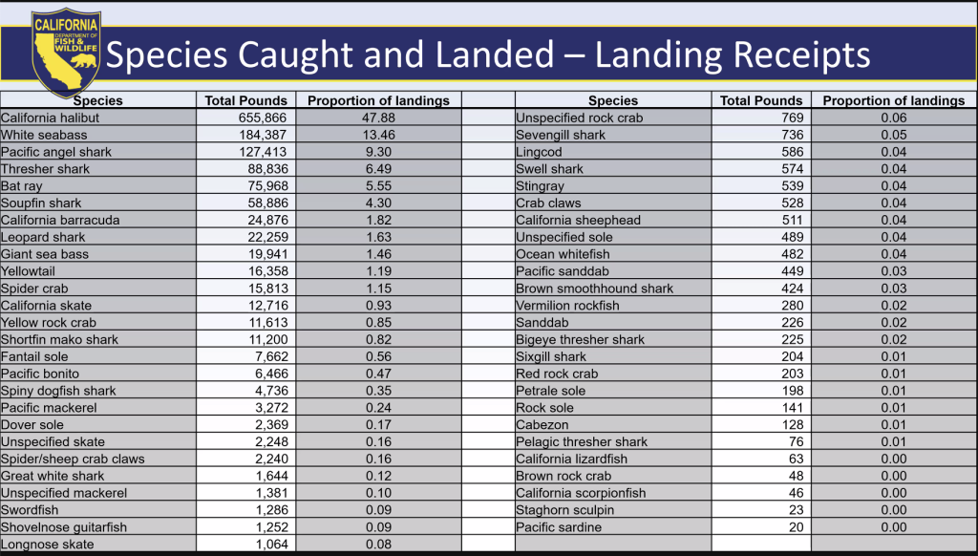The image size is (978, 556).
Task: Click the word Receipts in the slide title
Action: (796, 54)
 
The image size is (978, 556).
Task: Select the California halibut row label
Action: (50, 118)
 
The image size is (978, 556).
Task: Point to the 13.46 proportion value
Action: (378, 135)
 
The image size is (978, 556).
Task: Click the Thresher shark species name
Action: (45, 169)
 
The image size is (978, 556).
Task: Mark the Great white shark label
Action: (53, 476)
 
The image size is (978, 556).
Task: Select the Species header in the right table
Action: (613, 100)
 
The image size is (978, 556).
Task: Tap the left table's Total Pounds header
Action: (246, 100)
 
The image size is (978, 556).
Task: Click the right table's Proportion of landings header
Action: (893, 100)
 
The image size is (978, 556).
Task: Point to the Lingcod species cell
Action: (539, 152)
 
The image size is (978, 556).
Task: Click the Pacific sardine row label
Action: (559, 527)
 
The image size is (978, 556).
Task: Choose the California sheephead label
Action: (578, 220)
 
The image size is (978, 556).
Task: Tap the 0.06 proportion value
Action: (893, 118)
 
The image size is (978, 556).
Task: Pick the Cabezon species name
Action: (542, 425)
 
